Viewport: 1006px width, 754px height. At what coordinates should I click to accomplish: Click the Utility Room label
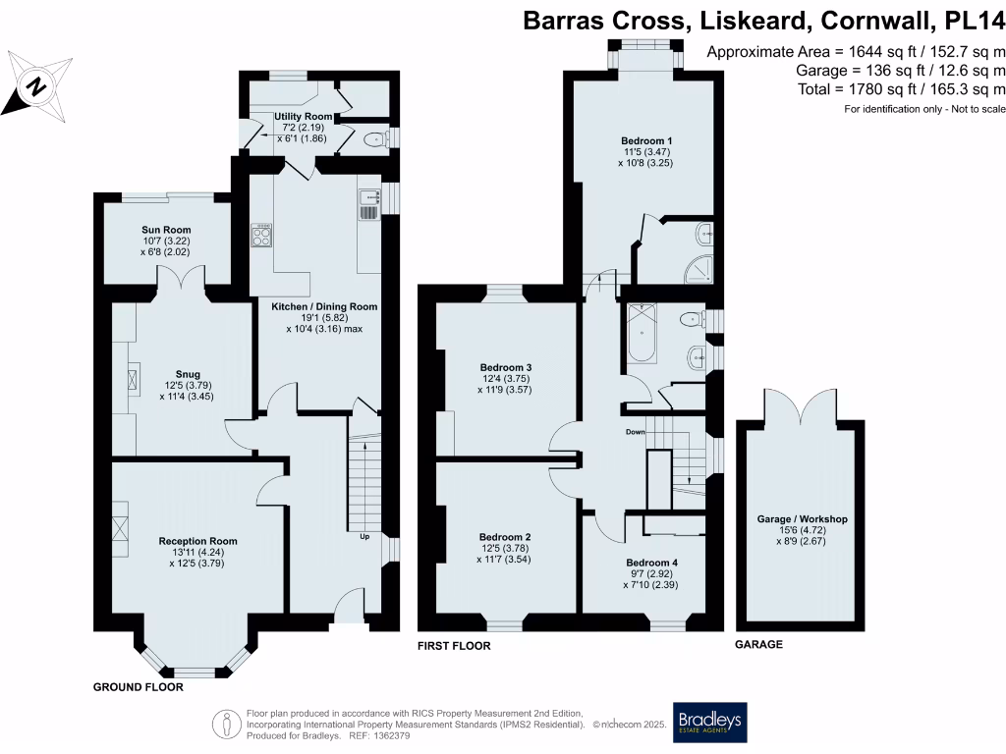tap(304, 117)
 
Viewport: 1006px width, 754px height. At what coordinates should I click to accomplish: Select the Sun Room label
tap(163, 230)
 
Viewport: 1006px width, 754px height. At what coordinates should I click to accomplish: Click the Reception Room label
tap(197, 541)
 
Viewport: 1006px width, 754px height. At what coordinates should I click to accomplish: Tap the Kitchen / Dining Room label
tap(324, 306)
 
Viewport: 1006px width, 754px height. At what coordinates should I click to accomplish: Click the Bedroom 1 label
tap(644, 140)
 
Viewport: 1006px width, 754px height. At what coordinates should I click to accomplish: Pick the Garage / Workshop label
tap(802, 518)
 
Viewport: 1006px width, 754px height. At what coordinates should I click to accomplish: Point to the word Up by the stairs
tap(363, 537)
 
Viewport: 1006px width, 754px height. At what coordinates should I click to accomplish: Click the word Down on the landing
tap(636, 431)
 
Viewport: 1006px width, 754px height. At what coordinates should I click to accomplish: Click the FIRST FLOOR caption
tap(454, 646)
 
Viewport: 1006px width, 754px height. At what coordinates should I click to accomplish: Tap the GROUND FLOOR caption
tap(138, 687)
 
